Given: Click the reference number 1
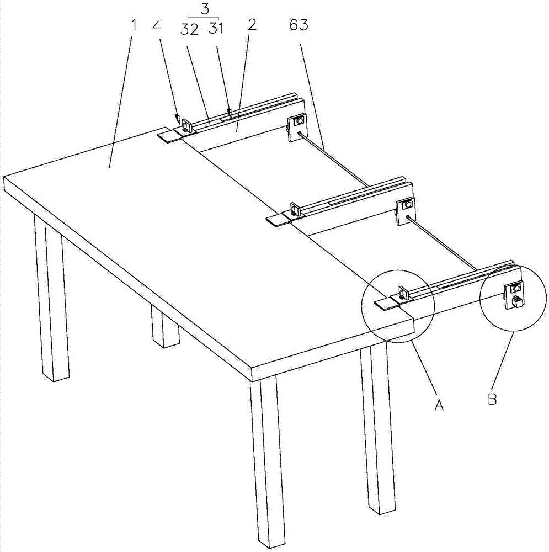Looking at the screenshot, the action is click(x=133, y=25).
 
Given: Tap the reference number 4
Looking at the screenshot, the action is click(x=157, y=25).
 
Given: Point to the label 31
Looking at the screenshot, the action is click(x=216, y=28).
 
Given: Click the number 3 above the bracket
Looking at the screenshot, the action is click(x=205, y=9).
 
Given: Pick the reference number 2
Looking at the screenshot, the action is click(x=252, y=25).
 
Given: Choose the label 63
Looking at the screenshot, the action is click(x=299, y=25).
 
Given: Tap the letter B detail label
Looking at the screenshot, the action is click(x=492, y=399).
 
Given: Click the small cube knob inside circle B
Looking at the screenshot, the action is click(x=516, y=301).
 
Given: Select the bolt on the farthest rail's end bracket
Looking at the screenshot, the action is click(x=300, y=121).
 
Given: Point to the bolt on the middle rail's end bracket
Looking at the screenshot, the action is click(x=408, y=204).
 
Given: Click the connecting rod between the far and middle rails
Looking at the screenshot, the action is click(x=334, y=160).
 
